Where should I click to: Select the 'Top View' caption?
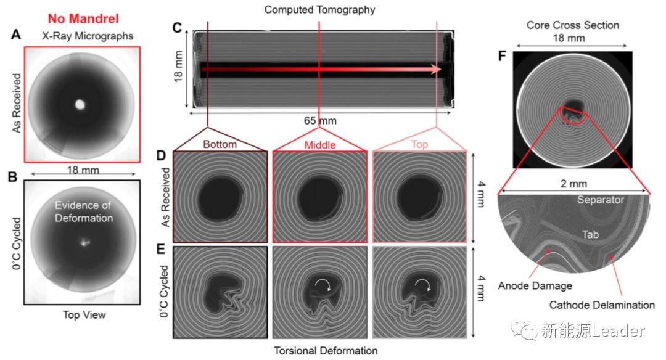tap(84, 314)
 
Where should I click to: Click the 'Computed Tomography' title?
tap(319, 9)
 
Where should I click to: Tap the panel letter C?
tap(177, 28)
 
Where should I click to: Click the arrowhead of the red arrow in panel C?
tap(439, 69)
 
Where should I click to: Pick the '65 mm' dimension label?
tap(319, 120)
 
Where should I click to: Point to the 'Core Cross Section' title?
tap(573, 25)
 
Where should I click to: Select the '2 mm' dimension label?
tap(573, 183)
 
